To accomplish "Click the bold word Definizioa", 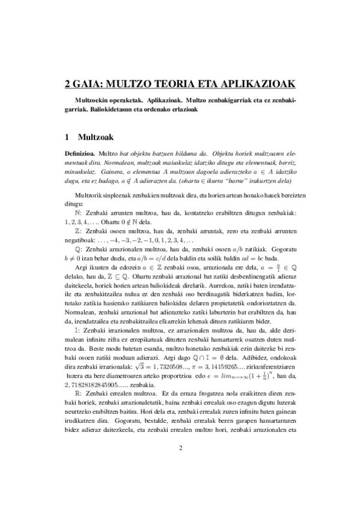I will (x=81, y=155).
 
